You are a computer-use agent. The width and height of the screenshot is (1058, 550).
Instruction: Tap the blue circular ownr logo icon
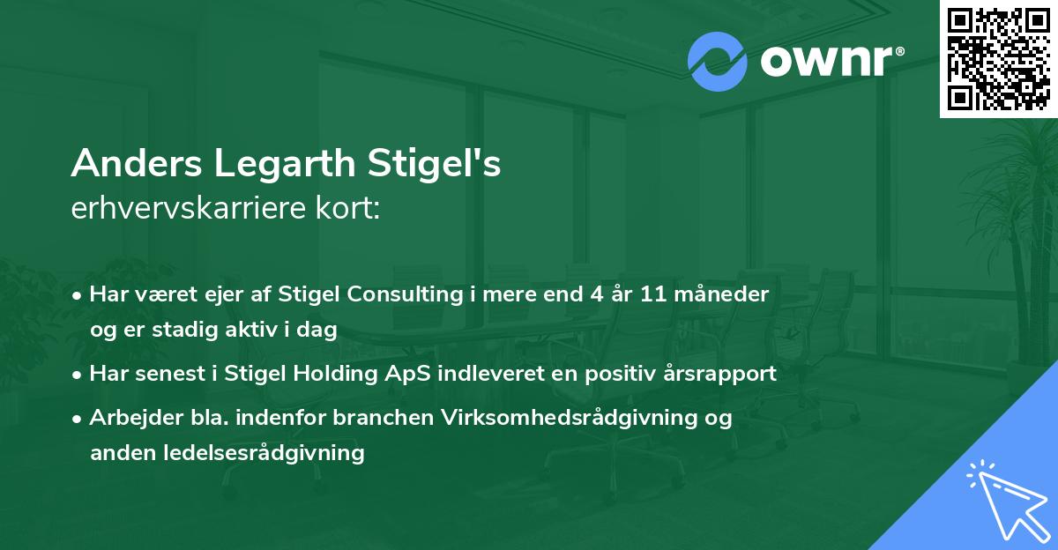click(718, 61)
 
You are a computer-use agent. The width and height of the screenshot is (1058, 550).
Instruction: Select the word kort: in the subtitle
click(350, 210)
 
